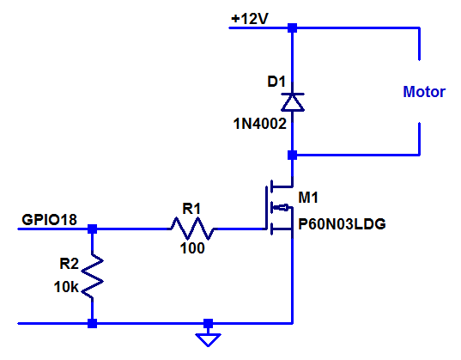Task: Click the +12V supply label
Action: coord(250,19)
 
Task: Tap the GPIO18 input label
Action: coord(50,220)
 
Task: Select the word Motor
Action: coord(424,92)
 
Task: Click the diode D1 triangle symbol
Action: coord(293,102)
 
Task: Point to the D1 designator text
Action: coord(276,82)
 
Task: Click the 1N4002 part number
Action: coord(259,124)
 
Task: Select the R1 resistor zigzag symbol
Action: coord(192,229)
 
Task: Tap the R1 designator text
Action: coord(191,209)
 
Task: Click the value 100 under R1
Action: coord(192,248)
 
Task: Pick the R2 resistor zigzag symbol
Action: coord(93,276)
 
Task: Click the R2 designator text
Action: coord(69,264)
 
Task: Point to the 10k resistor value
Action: coord(66,287)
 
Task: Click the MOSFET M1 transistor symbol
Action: coord(279,208)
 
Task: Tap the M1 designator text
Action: coord(308,198)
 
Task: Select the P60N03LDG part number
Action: coord(342,224)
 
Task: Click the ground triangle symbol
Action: coord(208,339)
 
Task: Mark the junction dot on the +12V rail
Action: coord(292,28)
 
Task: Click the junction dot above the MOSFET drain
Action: coord(292,155)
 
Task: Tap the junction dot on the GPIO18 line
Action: coord(93,229)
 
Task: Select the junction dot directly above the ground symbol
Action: coord(208,324)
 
